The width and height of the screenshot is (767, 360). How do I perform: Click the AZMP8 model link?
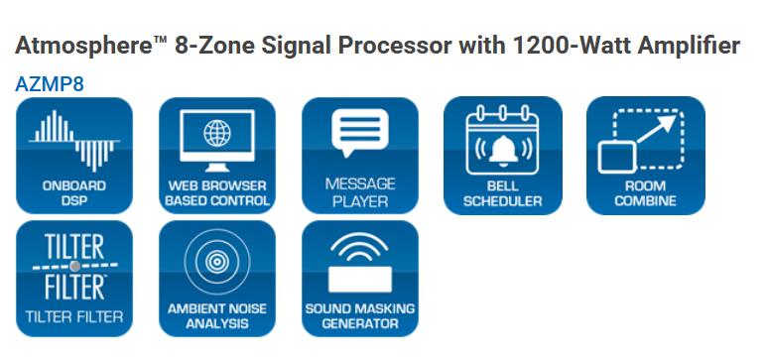click(50, 83)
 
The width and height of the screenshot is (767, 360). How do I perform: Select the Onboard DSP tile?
click(74, 155)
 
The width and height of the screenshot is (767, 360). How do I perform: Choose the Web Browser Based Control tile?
click(217, 155)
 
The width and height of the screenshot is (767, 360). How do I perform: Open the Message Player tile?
click(360, 155)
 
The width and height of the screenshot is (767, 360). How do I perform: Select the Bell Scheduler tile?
click(503, 155)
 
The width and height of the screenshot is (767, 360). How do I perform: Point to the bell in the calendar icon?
click(502, 148)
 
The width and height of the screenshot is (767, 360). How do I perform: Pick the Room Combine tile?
click(646, 155)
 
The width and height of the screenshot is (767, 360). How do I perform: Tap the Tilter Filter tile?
click(74, 279)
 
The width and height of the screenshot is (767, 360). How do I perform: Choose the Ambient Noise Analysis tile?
click(217, 279)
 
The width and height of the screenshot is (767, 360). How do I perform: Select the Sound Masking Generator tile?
click(360, 279)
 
